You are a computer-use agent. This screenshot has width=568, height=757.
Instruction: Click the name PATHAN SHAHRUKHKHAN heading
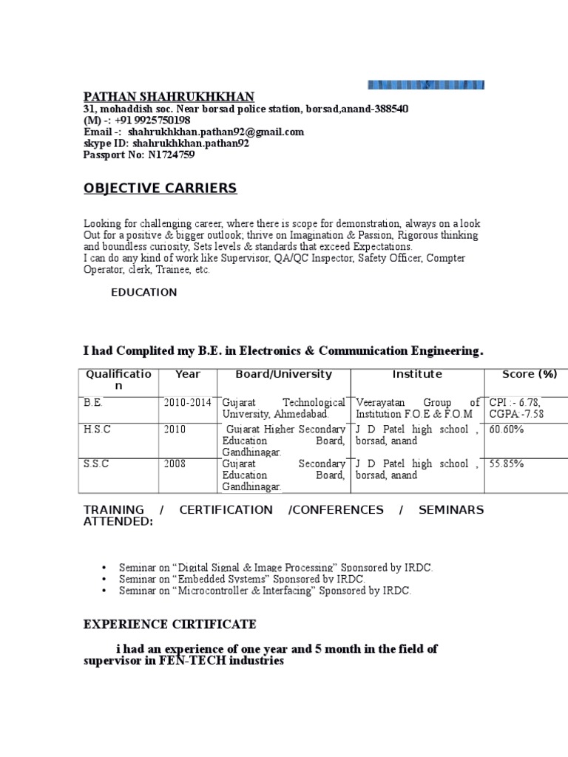click(169, 97)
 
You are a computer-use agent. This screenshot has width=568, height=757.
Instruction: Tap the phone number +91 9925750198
click(152, 120)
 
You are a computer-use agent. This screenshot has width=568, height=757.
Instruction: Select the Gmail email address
click(216, 132)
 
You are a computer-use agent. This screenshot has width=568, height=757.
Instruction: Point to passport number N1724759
click(172, 155)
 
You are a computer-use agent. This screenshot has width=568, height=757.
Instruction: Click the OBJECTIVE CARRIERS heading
click(160, 189)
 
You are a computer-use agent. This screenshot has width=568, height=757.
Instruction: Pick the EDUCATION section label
click(144, 292)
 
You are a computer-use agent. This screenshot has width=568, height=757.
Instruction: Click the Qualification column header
click(118, 380)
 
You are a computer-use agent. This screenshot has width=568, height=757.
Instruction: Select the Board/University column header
click(283, 374)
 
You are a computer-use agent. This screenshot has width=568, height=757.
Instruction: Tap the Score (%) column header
click(530, 374)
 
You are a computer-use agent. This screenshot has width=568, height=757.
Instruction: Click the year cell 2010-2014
click(188, 403)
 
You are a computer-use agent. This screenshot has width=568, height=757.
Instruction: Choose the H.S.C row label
click(97, 430)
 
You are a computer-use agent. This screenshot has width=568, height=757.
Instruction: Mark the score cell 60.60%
click(506, 430)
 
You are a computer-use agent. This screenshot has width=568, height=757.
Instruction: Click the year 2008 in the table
click(176, 464)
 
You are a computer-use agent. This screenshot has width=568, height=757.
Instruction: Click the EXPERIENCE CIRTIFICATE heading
click(170, 625)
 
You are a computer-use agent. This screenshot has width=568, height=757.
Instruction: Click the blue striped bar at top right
click(426, 85)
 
